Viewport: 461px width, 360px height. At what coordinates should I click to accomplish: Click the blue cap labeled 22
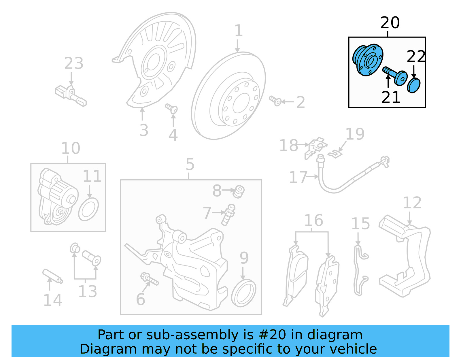[x=413, y=85]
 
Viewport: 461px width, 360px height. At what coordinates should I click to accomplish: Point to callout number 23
[x=73, y=63]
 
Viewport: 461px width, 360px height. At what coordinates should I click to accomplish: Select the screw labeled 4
[x=172, y=109]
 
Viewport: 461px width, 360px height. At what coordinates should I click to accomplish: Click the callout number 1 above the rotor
[x=238, y=31]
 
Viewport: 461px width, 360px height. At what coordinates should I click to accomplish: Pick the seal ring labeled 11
[x=88, y=209]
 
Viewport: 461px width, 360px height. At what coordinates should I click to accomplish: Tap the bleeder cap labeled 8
[x=239, y=192]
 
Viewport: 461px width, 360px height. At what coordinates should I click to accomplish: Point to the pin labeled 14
[x=52, y=276]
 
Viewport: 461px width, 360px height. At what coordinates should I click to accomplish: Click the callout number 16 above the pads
[x=313, y=220]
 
